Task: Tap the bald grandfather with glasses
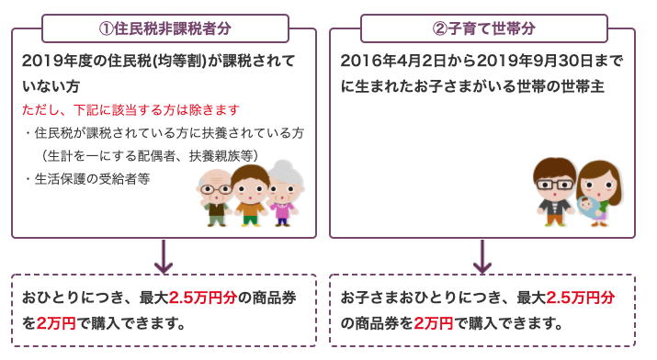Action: pyautogui.click(x=217, y=195)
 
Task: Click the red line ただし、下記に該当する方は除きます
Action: pyautogui.click(x=120, y=110)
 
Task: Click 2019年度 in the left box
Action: pyautogui.click(x=55, y=62)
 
